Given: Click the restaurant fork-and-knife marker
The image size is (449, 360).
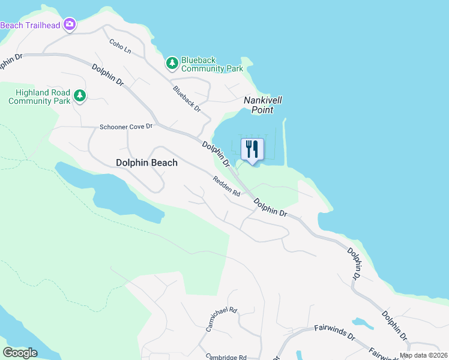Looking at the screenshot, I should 252,148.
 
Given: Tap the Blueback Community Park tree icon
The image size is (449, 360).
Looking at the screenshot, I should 172,62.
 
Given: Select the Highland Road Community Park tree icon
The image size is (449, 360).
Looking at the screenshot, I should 79,95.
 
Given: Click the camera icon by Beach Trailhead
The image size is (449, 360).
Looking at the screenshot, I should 70,24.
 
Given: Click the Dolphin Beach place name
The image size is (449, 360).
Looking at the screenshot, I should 146,163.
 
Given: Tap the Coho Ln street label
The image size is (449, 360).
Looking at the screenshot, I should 119,47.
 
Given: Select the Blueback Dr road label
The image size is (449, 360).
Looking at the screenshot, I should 187,98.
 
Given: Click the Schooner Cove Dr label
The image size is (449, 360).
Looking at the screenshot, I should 127,127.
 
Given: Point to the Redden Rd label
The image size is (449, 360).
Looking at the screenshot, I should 226,186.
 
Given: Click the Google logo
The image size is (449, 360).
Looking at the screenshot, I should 20,352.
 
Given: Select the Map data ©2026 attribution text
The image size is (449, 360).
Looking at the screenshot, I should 423,355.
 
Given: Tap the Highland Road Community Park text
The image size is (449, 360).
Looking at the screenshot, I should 40,97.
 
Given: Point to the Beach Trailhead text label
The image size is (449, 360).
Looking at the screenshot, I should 30,25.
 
